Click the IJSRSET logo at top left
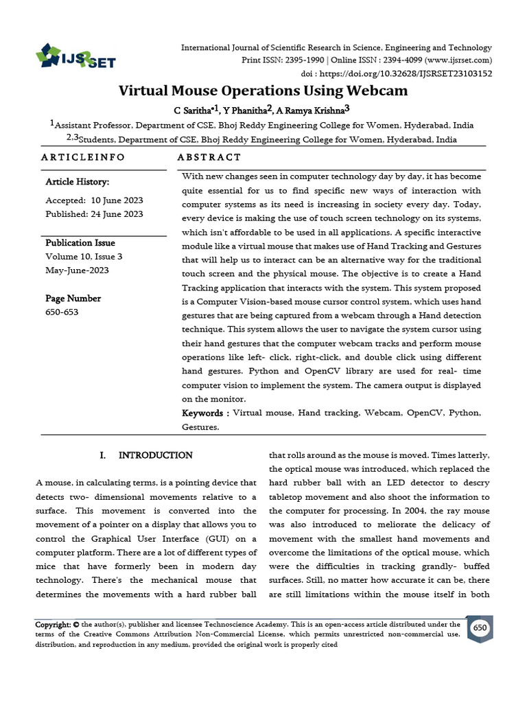(75, 57)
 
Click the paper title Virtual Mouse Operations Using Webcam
(263, 91)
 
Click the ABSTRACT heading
(209, 157)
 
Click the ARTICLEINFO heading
(83, 157)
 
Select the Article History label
(78, 182)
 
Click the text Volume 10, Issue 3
(84, 257)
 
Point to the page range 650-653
(62, 312)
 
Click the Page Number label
(73, 299)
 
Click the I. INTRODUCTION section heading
(146, 455)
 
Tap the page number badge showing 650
(480, 629)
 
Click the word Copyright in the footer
(53, 625)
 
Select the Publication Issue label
(80, 243)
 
